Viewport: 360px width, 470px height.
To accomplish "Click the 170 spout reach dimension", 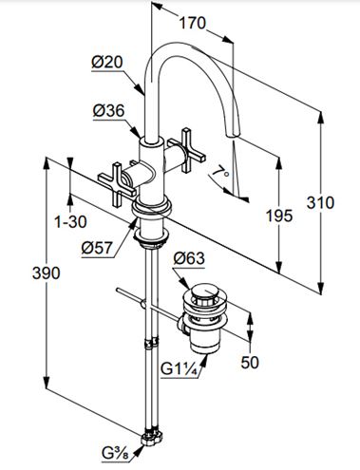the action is coord(193,23).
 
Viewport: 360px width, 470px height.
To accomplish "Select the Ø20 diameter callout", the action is coord(107,62).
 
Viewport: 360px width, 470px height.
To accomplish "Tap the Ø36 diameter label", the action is coord(108,111).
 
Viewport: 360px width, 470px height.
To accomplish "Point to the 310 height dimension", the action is coord(320,203).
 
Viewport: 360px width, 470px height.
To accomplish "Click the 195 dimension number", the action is coord(279,216).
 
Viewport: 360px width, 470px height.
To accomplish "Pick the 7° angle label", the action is coord(221,173).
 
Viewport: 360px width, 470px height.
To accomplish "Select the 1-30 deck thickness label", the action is coord(70,221).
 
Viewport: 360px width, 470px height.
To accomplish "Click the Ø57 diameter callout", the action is coord(97,248).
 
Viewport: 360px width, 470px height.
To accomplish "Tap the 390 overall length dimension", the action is coord(47,273).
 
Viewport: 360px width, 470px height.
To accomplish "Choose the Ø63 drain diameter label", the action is coord(189,258).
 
